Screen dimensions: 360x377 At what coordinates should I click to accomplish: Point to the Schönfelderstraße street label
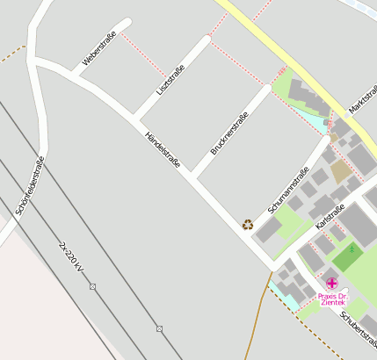(30, 185)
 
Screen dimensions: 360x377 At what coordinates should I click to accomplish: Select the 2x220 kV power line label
(72, 256)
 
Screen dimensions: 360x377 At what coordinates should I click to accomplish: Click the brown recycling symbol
(248, 224)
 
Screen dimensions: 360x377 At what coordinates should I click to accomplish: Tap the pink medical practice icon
(331, 283)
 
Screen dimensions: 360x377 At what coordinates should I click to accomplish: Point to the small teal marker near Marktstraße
(325, 124)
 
